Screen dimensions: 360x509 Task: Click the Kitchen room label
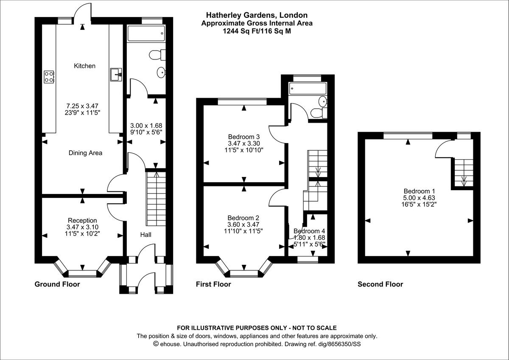(84, 66)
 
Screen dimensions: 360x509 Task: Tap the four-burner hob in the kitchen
(49, 76)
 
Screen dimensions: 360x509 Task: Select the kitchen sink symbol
(116, 75)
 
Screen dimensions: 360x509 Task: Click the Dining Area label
(85, 153)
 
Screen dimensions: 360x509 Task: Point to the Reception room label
(82, 220)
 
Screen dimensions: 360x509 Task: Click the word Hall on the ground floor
(145, 234)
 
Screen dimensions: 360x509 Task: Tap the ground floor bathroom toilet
(158, 55)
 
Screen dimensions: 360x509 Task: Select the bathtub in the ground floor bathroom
(146, 34)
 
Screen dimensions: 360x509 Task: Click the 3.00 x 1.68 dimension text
(145, 126)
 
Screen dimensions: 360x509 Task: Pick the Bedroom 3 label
(243, 137)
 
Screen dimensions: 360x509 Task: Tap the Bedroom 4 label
(309, 231)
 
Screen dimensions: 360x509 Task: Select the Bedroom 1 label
(419, 191)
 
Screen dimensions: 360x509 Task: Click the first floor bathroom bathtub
(308, 89)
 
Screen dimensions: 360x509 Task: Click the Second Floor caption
(380, 284)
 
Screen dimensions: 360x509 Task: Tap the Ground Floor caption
(57, 284)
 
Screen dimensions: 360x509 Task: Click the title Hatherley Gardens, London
(257, 15)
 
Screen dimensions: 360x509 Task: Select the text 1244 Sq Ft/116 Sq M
(257, 31)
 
